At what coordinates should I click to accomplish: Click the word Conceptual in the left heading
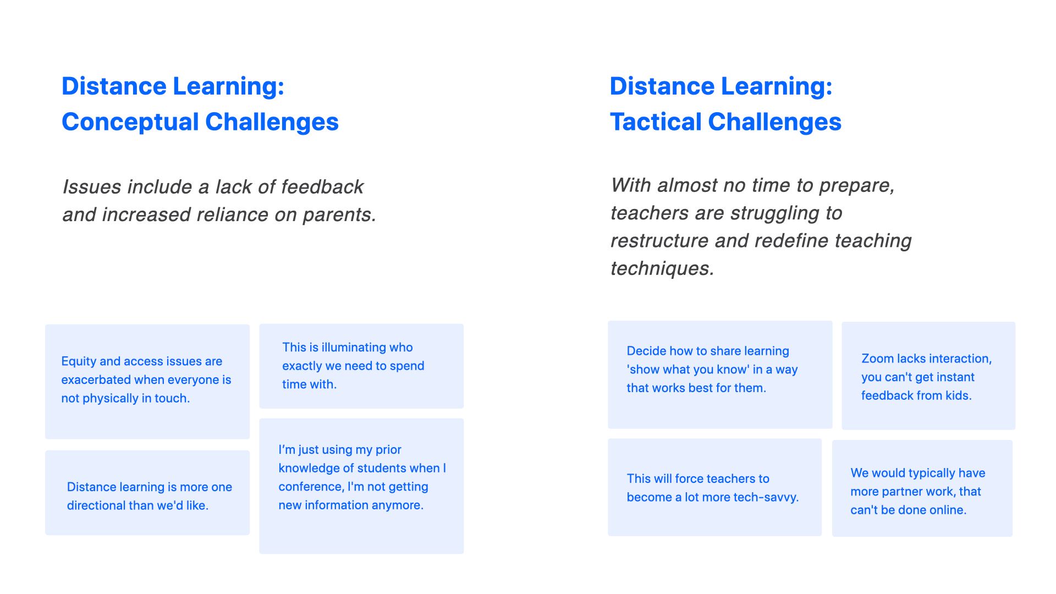coord(130,122)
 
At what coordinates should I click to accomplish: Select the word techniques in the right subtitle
coord(662,268)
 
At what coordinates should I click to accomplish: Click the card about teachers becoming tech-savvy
coord(714,487)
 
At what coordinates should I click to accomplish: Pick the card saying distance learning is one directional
coord(147,493)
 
